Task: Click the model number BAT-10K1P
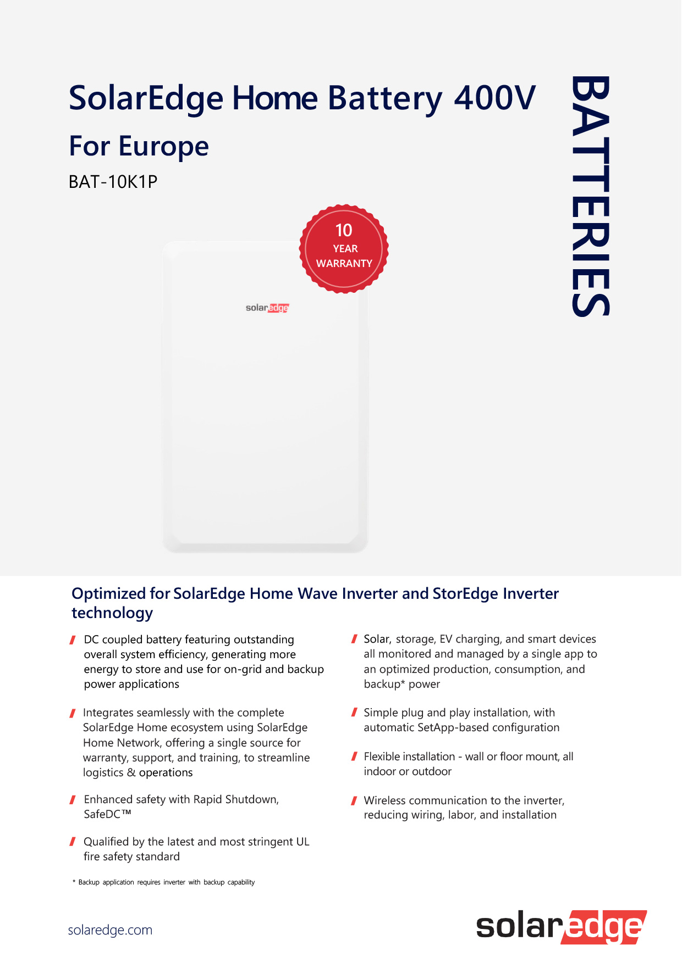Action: [x=113, y=181]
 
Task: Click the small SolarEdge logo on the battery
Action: [x=267, y=308]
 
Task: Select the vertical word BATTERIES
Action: [x=591, y=196]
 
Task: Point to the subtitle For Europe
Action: [x=139, y=146]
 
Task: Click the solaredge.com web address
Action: [x=110, y=930]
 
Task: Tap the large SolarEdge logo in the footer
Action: [x=560, y=927]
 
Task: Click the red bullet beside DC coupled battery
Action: [x=73, y=640]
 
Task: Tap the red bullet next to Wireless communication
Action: [x=354, y=801]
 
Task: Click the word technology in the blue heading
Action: [x=112, y=613]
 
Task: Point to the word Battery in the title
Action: [x=385, y=99]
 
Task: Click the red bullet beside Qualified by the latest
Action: [x=73, y=842]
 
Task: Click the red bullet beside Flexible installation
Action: [x=354, y=757]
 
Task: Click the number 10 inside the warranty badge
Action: [x=344, y=230]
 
